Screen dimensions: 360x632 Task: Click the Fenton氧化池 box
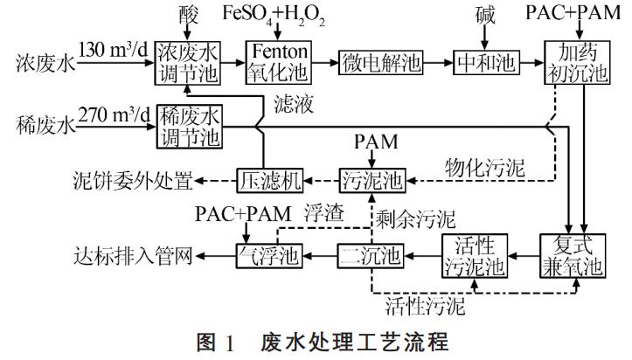[276, 64]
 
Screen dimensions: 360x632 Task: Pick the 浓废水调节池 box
[189, 64]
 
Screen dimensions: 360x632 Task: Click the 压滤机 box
[269, 181]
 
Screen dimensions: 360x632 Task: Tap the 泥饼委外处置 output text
[132, 182]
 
